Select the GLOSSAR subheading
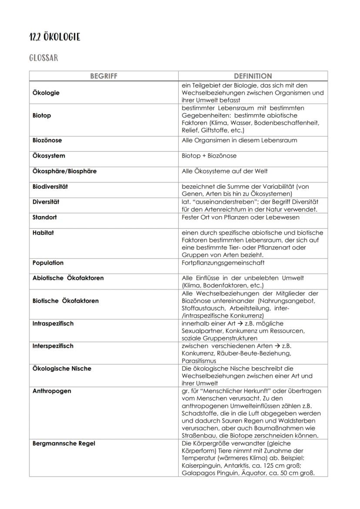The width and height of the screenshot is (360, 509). coord(43,58)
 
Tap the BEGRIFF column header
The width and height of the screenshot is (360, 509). coord(103,76)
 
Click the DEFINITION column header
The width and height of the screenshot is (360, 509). coord(253,76)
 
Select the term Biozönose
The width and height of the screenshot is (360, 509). coord(47,140)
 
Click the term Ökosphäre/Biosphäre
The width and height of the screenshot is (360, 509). coord(64,171)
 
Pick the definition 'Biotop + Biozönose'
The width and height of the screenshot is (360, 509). coord(209,156)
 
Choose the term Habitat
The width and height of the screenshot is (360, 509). coord(43,233)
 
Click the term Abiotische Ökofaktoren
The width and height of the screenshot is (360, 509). coord(68,278)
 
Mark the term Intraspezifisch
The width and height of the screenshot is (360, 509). coord(53,323)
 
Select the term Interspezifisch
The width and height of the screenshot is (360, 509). coord(53,346)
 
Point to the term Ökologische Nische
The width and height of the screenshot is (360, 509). coord(62,369)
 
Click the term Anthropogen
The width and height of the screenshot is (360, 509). coord(52,391)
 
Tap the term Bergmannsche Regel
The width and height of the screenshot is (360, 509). coord(63,443)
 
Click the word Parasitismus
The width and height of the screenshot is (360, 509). coord(199,361)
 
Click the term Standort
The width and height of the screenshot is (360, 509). coord(44,217)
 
